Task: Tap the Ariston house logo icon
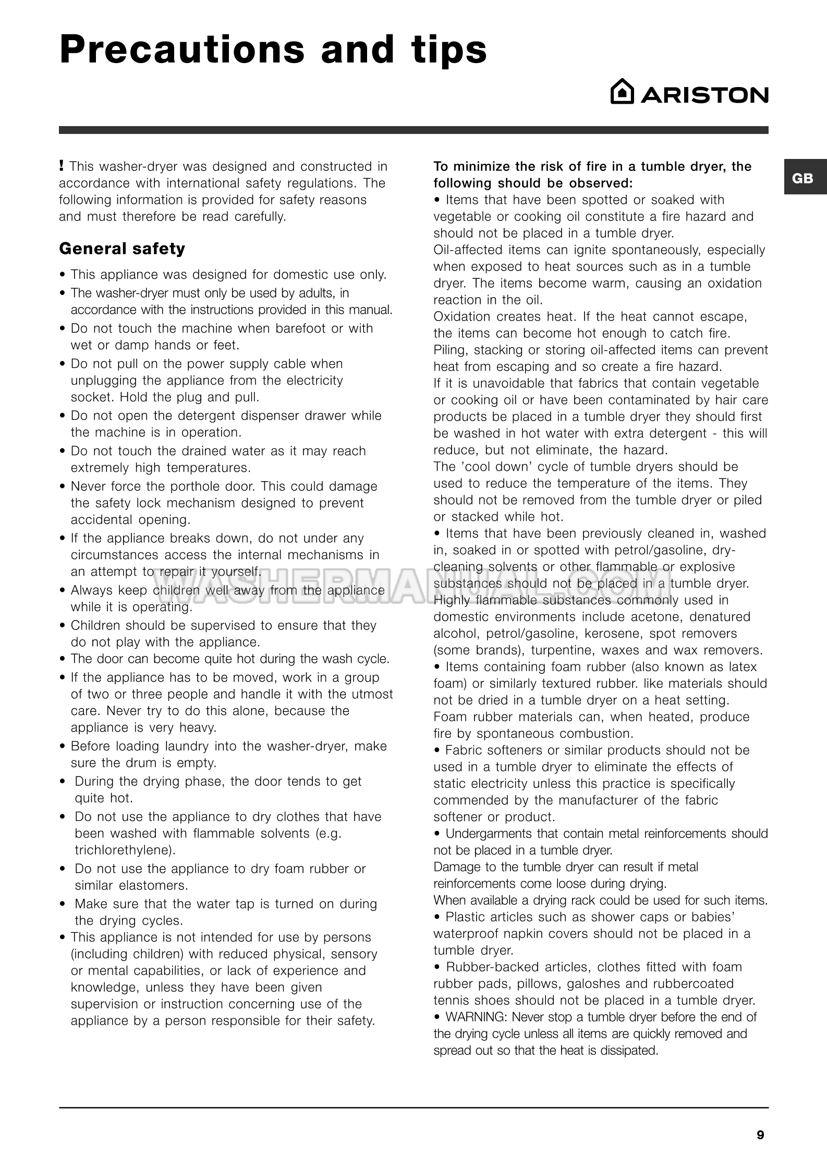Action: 622,92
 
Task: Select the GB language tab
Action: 802,178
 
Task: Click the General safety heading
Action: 122,249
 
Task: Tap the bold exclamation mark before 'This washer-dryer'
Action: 62,166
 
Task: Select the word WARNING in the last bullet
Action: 476,1017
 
